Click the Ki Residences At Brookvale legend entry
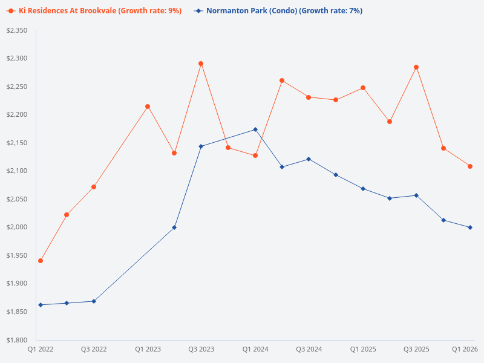click(x=94, y=11)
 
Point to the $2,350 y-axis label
click(x=16, y=30)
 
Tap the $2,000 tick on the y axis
click(x=16, y=227)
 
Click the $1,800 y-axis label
click(x=16, y=340)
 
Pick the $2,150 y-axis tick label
click(x=16, y=143)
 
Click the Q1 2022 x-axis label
click(x=41, y=350)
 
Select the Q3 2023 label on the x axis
click(x=201, y=350)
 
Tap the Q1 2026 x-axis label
click(x=465, y=350)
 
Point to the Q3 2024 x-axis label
click(x=309, y=350)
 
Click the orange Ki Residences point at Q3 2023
click(x=201, y=64)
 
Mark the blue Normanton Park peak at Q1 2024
click(x=255, y=129)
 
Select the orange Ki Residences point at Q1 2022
click(x=41, y=261)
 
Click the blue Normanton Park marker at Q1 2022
click(x=41, y=305)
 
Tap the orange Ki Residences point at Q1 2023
click(x=148, y=106)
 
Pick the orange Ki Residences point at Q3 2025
click(x=416, y=67)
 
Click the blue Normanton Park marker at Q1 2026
click(x=470, y=227)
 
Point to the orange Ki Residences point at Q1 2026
click(x=470, y=166)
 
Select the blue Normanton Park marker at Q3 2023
click(x=201, y=146)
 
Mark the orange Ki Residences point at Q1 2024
click(x=255, y=155)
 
